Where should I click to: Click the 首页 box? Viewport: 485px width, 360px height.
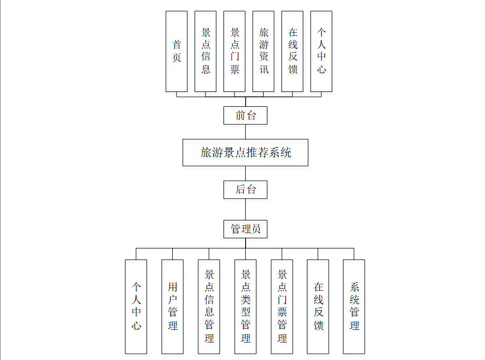pyautogui.click(x=176, y=51)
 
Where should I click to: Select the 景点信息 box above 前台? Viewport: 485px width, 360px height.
pyautogui.click(x=206, y=51)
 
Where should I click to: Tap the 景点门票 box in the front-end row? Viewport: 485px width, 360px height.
pyautogui.click(x=235, y=51)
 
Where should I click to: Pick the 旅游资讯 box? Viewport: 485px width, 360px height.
pyautogui.click(x=264, y=51)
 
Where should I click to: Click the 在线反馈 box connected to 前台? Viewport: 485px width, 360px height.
pyautogui.click(x=293, y=51)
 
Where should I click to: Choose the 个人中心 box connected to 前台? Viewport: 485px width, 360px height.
pyautogui.click(x=322, y=51)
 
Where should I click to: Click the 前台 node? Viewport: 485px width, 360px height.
pyautogui.click(x=245, y=115)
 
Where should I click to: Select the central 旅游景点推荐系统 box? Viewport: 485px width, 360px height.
pyautogui.click(x=245, y=153)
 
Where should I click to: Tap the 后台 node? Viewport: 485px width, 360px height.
pyautogui.click(x=245, y=189)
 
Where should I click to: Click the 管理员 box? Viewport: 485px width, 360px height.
pyautogui.click(x=245, y=229)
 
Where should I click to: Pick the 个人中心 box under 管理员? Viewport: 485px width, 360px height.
pyautogui.click(x=136, y=306)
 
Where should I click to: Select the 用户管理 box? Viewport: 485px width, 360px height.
pyautogui.click(x=173, y=306)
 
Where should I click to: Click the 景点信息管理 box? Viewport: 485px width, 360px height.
pyautogui.click(x=209, y=306)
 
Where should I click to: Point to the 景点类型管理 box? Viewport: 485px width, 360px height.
pyautogui.click(x=246, y=306)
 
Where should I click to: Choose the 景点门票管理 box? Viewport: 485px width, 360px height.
pyautogui.click(x=282, y=306)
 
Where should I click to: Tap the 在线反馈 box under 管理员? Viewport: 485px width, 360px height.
pyautogui.click(x=318, y=306)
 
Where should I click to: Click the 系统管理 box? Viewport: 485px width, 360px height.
pyautogui.click(x=354, y=306)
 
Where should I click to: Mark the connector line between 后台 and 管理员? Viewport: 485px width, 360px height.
pyautogui.click(x=245, y=209)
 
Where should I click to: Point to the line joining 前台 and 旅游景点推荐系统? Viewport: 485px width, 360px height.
pyautogui.click(x=245, y=132)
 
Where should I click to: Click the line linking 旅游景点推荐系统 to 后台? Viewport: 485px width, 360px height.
pyautogui.click(x=245, y=173)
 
